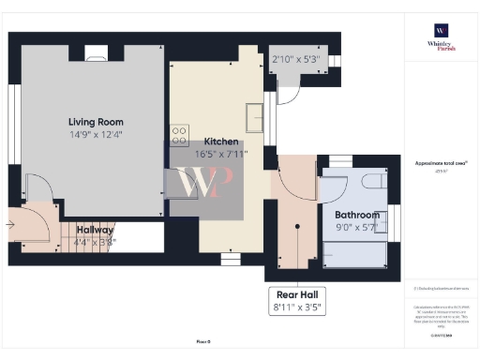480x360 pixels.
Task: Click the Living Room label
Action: click(x=96, y=122)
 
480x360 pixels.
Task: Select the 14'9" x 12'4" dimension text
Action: click(x=96, y=134)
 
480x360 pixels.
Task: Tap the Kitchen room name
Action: click(x=221, y=142)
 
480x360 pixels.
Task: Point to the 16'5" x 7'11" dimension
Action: click(x=221, y=153)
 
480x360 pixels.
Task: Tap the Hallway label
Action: click(x=95, y=230)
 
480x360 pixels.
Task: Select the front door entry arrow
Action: click(x=10, y=224)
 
